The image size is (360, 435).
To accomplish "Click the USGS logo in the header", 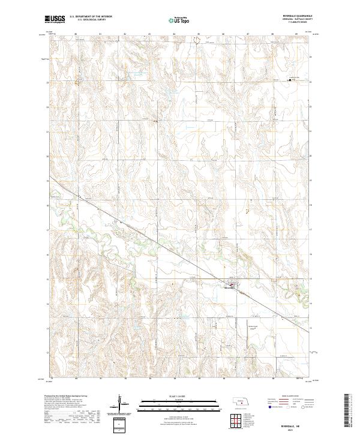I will point(55,19).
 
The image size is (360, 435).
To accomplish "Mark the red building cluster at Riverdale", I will point(232,284).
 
